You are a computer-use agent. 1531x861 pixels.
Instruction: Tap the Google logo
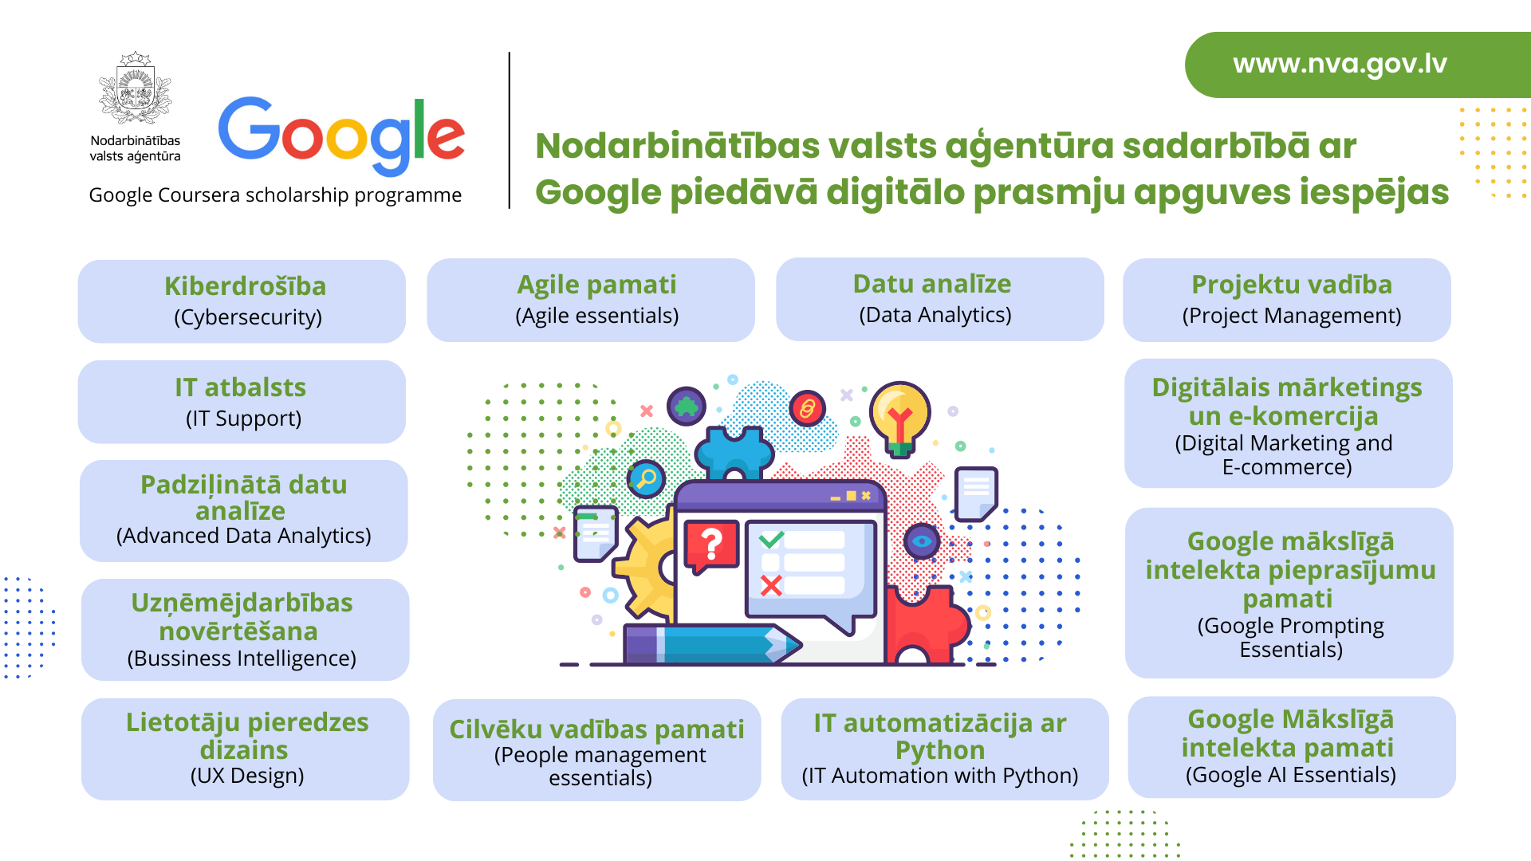(341, 136)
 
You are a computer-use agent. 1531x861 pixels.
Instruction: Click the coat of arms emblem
(136, 88)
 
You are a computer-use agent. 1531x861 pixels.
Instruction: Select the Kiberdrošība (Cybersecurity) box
(242, 301)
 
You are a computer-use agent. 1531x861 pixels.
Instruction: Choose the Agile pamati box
(591, 300)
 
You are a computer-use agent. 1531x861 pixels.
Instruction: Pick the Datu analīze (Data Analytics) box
(940, 299)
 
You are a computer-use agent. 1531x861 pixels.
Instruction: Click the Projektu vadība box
(1287, 300)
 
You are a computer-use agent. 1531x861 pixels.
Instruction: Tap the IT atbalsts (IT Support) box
(242, 402)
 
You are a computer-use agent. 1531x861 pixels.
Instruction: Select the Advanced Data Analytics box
(244, 511)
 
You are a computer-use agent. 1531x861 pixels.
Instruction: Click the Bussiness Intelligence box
(246, 630)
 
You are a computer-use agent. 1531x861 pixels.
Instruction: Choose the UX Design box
(246, 749)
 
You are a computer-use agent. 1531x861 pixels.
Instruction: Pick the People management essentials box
(597, 750)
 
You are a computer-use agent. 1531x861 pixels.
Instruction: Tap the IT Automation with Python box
(945, 749)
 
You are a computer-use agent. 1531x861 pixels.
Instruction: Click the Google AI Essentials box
(1292, 747)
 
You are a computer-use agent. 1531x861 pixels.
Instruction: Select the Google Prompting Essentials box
(1289, 593)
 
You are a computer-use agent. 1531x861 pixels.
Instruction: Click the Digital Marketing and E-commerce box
(1289, 423)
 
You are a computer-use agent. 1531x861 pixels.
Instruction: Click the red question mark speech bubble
(711, 547)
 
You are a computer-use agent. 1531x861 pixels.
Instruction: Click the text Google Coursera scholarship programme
(275, 195)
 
